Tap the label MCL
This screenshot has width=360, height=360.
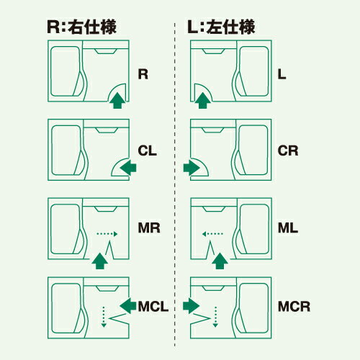point(152,306)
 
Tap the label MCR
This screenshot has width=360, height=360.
point(293,306)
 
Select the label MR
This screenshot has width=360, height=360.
point(148,228)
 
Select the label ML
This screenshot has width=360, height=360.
point(287,228)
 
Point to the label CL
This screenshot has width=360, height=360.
point(147,151)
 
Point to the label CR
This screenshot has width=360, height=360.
point(287,151)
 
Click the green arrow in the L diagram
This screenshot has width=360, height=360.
point(203,101)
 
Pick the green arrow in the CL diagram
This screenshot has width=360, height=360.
point(128,168)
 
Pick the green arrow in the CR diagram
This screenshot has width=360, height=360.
point(192,168)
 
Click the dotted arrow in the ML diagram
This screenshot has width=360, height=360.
point(212,233)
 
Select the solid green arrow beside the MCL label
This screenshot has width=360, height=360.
point(127,306)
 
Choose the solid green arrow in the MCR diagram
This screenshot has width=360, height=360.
point(192,306)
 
